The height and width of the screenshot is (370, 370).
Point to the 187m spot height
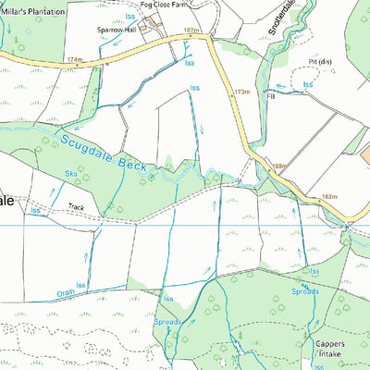click(x=191, y=31)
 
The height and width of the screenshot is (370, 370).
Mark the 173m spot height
click(x=242, y=92)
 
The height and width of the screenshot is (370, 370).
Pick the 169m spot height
click(x=279, y=167)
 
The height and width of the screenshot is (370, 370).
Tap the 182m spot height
click(x=331, y=197)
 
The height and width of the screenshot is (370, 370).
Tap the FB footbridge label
click(x=271, y=95)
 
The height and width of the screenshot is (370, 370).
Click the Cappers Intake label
click(x=330, y=348)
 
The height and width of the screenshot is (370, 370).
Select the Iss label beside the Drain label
click(x=80, y=286)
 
